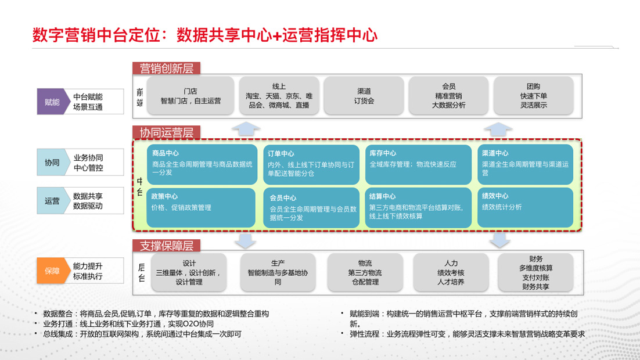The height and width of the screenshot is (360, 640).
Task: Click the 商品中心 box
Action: point(202,164)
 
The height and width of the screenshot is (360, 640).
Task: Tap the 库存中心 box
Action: point(418,164)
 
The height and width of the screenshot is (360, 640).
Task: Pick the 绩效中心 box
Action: point(525,207)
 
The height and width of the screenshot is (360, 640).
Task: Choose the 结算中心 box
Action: point(418,207)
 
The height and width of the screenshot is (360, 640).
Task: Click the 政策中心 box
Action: point(202,207)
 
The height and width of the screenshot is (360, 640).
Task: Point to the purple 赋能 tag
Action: point(52,102)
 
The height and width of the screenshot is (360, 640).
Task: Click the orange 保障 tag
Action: point(52,270)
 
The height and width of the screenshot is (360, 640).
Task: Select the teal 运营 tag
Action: point(52,201)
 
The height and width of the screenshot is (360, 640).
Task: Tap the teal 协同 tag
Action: point(52,163)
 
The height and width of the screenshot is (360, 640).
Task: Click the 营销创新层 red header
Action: point(167,69)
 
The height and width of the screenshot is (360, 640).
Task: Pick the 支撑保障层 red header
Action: point(167,246)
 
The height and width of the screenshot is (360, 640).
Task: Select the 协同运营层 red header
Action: point(167,132)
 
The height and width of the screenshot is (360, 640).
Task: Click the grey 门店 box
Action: point(190,96)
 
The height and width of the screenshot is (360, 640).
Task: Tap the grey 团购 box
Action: point(533,96)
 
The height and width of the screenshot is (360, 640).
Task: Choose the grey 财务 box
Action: point(535,272)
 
